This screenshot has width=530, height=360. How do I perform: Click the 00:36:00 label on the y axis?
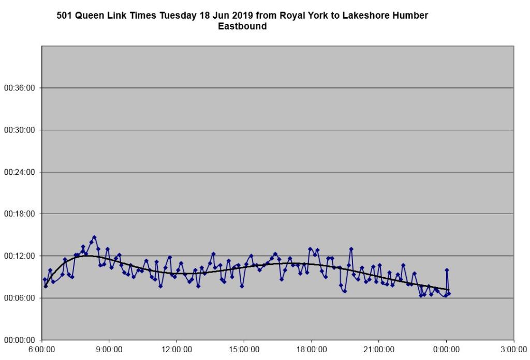pos(20,88)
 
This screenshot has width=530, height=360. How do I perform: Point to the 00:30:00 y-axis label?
pos(20,130)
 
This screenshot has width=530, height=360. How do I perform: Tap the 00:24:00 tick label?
pos(20,172)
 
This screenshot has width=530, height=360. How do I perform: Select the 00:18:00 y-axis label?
pos(20,214)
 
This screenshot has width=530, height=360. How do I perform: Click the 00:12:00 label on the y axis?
pos(20,256)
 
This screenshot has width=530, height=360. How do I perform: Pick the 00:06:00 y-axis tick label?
pos(20,298)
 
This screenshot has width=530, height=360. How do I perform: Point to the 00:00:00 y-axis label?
pos(20,340)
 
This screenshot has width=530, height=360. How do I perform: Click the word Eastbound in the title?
pos(242,26)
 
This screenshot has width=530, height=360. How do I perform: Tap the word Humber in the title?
pos(411,16)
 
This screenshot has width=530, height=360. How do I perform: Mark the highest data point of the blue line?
pos(94,237)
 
